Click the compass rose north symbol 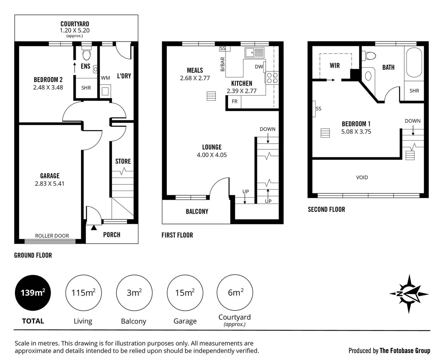pos(409,294)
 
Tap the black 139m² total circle pos(33,293)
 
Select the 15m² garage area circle pos(185,293)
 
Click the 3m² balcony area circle pos(134,293)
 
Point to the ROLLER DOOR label pos(52,236)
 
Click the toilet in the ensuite pos(86,54)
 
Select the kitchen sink pos(254,53)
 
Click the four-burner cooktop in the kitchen pos(272,78)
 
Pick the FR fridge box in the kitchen pos(235,101)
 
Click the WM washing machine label pos(105,78)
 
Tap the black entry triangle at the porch pos(94,228)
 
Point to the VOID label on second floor pos(362,177)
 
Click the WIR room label pos(335,66)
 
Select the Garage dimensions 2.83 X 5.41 pos(50,184)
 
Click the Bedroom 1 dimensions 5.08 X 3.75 pos(356,132)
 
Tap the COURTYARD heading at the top pos(75,24)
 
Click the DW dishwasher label pos(259,67)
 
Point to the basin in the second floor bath pos(368,76)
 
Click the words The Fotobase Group pos(405,350)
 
